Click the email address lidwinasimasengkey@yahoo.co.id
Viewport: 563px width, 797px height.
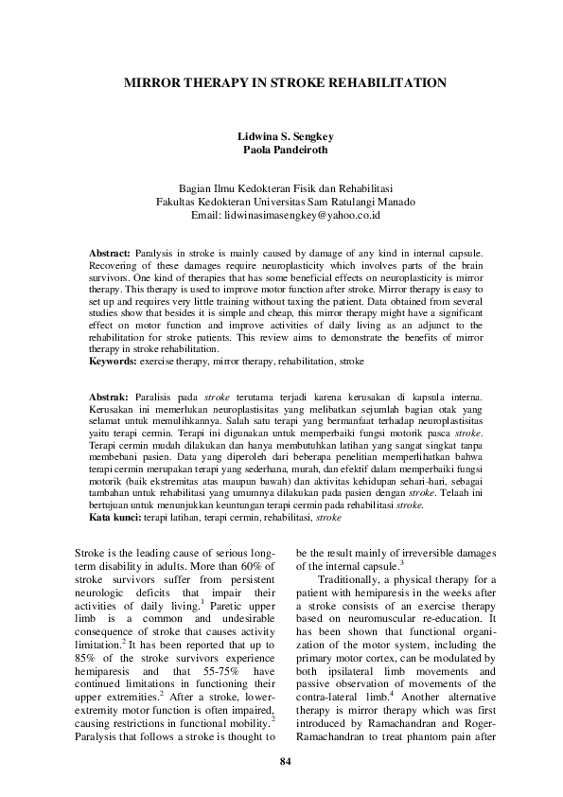(x=302, y=215)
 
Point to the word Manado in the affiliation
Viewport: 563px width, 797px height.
(x=389, y=201)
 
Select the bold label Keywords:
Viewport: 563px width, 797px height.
(x=113, y=362)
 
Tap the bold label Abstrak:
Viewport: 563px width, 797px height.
(x=109, y=396)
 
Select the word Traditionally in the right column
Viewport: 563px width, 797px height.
(x=349, y=579)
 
